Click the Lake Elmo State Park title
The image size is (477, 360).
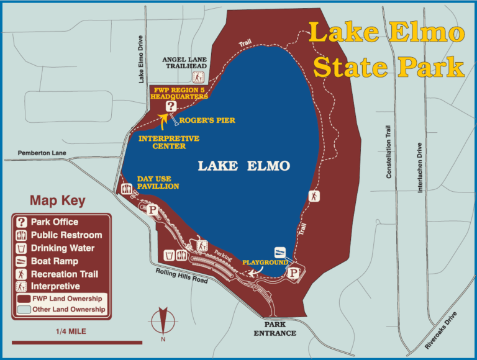point(386,50)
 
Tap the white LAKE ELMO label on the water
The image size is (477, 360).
point(243,166)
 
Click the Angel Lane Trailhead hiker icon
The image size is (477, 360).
point(198,77)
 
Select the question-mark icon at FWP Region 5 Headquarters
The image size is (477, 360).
point(170,106)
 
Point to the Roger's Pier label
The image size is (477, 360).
point(207,120)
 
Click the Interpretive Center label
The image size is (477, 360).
point(169,142)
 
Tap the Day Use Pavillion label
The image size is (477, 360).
point(158,182)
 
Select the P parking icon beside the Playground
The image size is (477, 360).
point(294,271)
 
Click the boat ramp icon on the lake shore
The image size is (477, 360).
point(281,253)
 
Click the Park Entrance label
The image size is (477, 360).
point(275,328)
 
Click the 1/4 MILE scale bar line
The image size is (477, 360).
point(76,342)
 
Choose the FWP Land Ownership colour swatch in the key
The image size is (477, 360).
point(24,298)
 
